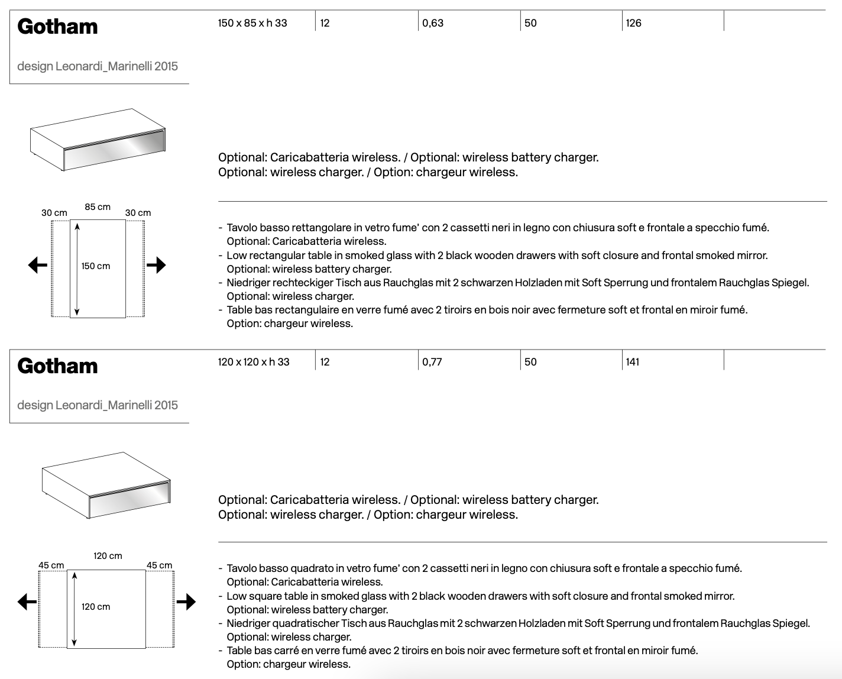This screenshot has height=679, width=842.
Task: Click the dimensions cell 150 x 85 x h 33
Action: (252, 23)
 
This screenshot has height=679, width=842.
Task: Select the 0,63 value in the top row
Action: (433, 23)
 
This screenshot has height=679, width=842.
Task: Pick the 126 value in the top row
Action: (633, 23)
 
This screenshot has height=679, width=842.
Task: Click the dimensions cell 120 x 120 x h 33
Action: (254, 362)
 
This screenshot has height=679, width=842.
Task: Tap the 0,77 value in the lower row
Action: (432, 362)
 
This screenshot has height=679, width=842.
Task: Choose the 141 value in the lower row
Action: (633, 362)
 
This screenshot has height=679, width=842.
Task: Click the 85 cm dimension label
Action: (98, 207)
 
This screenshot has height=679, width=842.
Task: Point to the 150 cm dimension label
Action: (96, 266)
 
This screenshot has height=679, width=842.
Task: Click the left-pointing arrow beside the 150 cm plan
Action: (38, 265)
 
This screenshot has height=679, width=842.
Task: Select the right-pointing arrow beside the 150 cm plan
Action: (156, 265)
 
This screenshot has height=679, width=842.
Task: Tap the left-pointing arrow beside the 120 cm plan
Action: (27, 602)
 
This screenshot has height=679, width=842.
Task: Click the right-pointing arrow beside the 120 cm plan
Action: (186, 602)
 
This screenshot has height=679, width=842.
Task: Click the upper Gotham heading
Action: (57, 27)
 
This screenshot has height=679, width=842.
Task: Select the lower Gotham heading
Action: (57, 366)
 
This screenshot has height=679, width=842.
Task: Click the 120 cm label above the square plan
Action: (108, 556)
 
